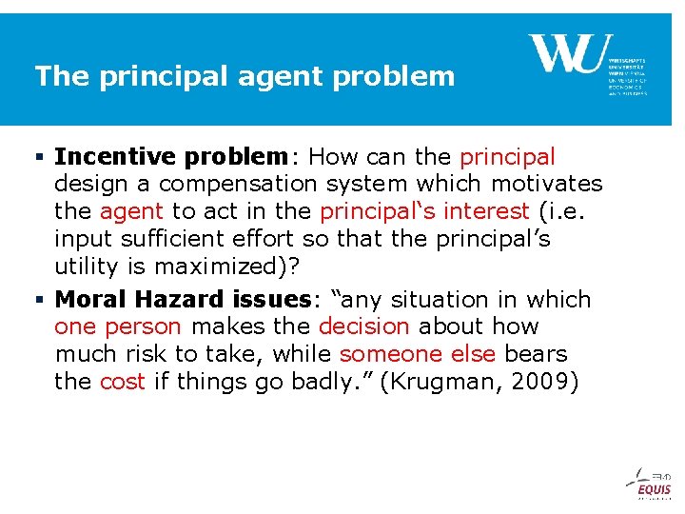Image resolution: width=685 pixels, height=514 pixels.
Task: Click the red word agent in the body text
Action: pyautogui.click(x=131, y=211)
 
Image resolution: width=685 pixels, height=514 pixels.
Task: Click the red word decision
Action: pyautogui.click(x=363, y=327)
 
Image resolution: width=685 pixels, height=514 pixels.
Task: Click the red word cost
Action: pyautogui.click(x=123, y=383)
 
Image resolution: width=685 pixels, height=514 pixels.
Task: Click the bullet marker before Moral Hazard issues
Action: pyautogui.click(x=40, y=301)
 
